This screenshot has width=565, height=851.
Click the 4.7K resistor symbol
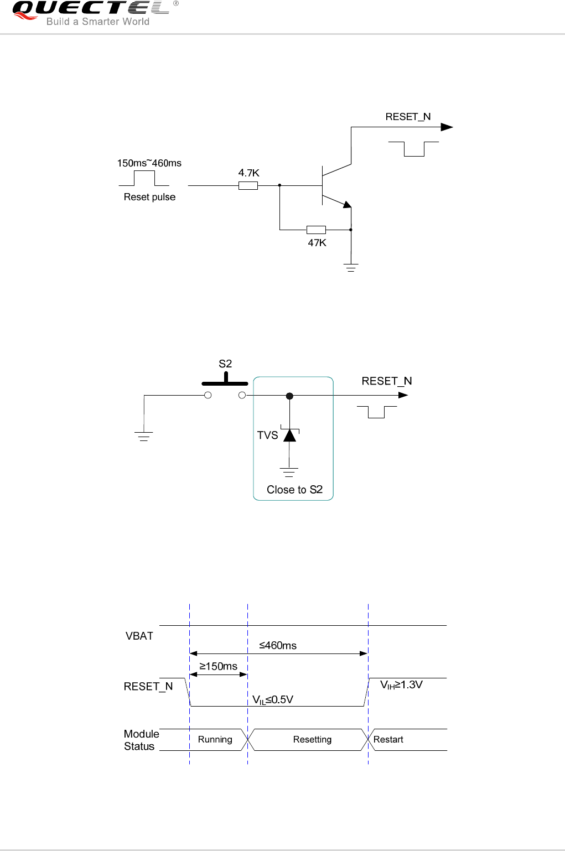(248, 186)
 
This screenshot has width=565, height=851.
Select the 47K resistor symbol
(316, 230)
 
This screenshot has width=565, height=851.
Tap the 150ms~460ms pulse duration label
(149, 163)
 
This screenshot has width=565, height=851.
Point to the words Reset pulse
(149, 197)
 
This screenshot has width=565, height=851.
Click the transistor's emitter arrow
(346, 204)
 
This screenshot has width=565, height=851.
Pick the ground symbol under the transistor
(351, 268)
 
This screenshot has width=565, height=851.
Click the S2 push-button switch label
(225, 364)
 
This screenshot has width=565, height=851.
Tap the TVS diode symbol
(289, 435)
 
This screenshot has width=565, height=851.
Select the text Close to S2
(294, 490)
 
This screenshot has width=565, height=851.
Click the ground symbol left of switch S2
(144, 437)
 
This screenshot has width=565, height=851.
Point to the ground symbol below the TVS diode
(289, 473)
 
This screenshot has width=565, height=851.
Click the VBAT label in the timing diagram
(139, 636)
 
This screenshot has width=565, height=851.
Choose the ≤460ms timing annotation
(278, 646)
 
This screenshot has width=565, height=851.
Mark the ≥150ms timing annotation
(218, 667)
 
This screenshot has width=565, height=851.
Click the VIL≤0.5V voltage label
(273, 700)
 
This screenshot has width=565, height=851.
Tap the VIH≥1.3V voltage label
(401, 685)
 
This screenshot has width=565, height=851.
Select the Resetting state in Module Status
(312, 740)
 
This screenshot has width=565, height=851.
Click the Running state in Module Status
(215, 740)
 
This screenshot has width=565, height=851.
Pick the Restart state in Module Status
(388, 740)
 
